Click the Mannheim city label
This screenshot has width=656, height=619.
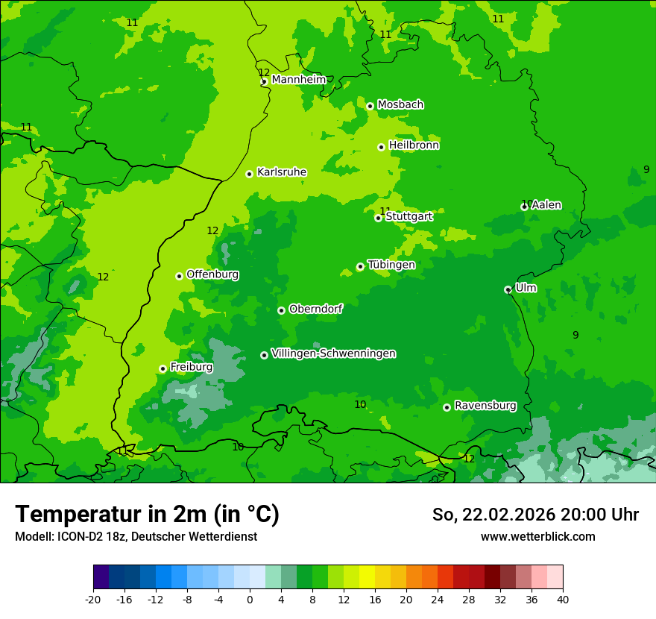tap(298, 80)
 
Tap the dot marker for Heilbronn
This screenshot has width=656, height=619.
tap(381, 147)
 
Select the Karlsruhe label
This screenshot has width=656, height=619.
tap(281, 172)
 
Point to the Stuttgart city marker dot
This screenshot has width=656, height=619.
tap(378, 218)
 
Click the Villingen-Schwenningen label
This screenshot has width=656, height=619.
tap(333, 354)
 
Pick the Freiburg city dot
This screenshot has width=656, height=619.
tap(163, 368)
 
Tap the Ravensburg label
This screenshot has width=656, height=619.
tap(485, 406)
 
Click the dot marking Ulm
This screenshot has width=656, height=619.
tap(508, 289)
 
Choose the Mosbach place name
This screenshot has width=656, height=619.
tap(400, 105)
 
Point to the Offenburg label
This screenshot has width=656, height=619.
tap(212, 274)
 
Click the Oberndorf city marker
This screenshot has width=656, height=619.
tap(281, 310)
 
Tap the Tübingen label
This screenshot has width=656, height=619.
tap(391, 265)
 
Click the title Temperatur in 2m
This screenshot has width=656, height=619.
tap(147, 514)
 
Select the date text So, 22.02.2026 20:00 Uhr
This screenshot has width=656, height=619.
tap(535, 515)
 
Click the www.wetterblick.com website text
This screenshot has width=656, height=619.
tap(537, 536)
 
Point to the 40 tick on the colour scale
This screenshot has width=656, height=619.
tap(562, 599)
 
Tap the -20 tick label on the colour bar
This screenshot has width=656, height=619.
tap(93, 599)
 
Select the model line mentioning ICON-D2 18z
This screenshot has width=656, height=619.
tap(136, 536)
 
